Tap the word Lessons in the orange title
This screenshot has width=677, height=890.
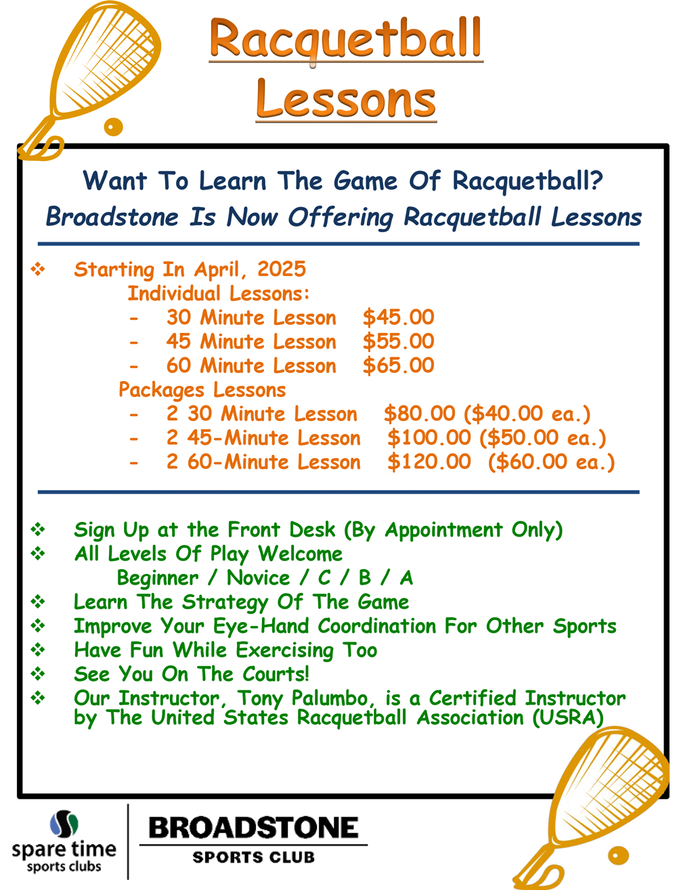coord(346,99)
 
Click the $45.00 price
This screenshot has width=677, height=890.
coord(398,317)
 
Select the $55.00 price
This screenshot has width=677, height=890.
coord(398,341)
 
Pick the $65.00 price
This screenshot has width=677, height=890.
coord(398,365)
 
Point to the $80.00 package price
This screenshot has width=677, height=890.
coord(419,414)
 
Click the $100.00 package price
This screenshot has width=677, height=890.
coord(429,437)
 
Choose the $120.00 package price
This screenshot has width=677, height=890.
coord(429,462)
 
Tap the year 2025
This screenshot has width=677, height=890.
coord(282,269)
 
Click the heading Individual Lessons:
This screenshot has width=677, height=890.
coord(219,293)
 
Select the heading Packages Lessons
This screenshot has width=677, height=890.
coord(202,390)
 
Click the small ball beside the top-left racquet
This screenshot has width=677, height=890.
coord(113,127)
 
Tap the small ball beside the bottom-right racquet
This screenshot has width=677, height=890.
coord(618,855)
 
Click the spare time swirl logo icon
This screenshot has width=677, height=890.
coord(64,823)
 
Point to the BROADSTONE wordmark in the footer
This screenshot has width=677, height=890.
coord(253,828)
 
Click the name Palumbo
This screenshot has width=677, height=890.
coord(329,698)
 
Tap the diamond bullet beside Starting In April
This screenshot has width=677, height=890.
coord(38,269)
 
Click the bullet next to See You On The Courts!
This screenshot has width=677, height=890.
coord(38,674)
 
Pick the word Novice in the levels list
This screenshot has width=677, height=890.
coord(258,578)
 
